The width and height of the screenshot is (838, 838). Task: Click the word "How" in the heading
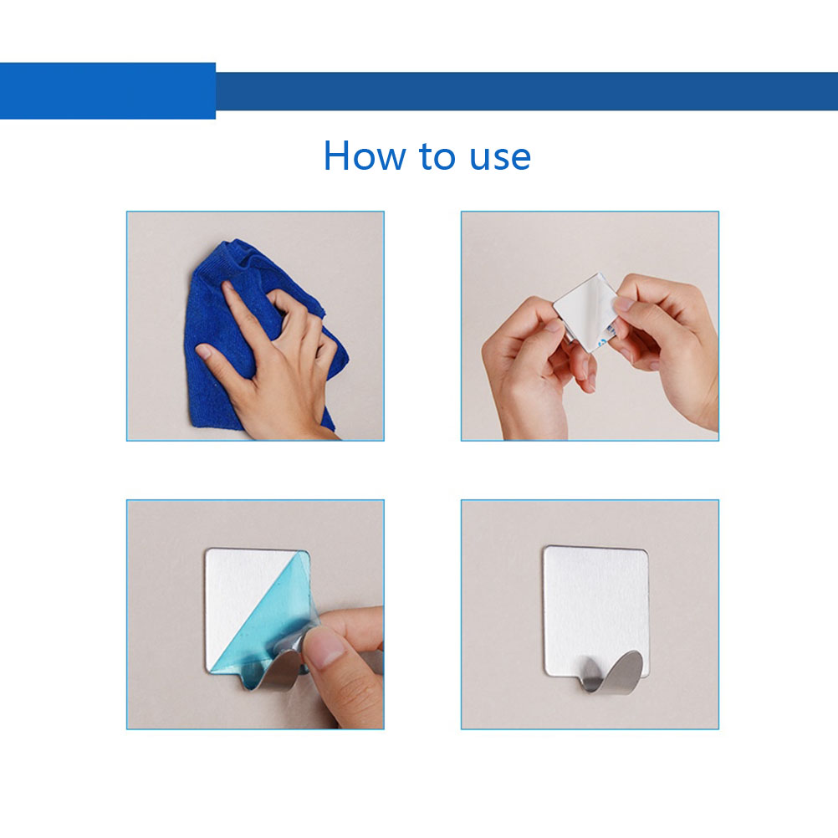[x=365, y=156]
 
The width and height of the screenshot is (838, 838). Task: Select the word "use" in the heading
[x=499, y=159]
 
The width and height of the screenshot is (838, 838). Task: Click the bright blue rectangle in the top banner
[x=107, y=91]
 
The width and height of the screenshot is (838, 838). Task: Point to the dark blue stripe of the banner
[x=526, y=91]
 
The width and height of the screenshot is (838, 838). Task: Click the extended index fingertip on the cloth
[x=227, y=287]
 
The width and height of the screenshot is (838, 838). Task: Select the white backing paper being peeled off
[x=585, y=310]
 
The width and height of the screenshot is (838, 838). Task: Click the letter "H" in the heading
[x=337, y=156]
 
